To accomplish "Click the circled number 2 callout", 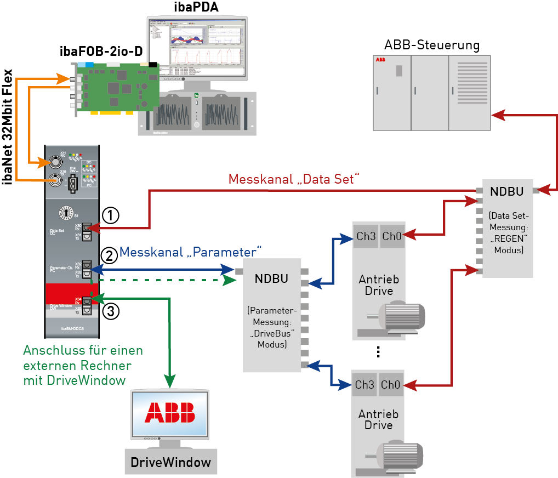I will tap(110, 255).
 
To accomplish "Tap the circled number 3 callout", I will tap(110, 311).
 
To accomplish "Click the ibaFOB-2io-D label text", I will tap(101, 52).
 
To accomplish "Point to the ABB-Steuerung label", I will tap(432, 45).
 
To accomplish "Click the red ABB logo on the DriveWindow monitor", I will tap(169, 412).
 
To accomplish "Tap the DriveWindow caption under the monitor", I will tap(170, 462).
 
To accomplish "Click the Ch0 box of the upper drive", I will tap(391, 236).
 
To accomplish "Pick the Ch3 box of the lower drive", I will tap(364, 385).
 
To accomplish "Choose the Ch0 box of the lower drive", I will tap(391, 385).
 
